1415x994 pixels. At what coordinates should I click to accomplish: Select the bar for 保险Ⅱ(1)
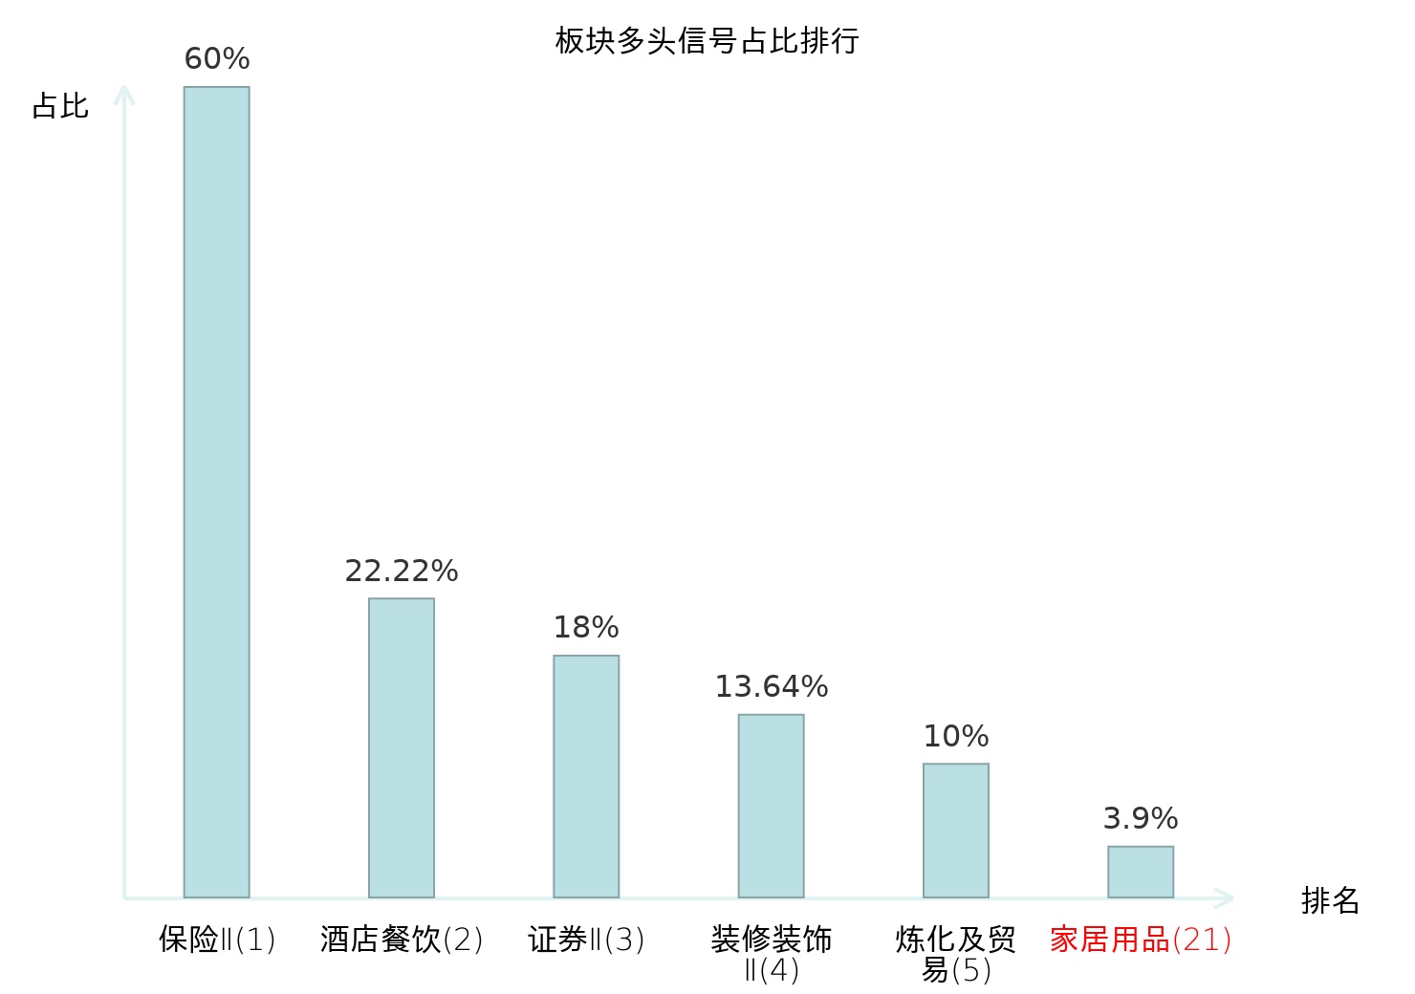pos(217,492)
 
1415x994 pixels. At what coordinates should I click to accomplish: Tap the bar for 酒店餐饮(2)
pos(402,747)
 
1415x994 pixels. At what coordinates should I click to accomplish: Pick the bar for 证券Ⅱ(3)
pos(586,777)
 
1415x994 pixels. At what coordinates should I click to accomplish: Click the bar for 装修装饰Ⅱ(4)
pos(772,806)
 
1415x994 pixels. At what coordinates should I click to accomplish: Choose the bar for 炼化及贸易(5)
pos(956,831)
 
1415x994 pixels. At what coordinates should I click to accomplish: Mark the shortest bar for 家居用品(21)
pos(1141,872)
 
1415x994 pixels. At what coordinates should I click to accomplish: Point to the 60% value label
pos(217,58)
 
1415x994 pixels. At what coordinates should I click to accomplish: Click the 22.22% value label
pos(402,571)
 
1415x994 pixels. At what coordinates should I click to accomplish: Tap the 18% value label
pos(586,628)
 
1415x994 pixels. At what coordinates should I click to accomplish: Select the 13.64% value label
pos(772,686)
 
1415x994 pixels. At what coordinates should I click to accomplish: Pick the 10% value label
pos(956,736)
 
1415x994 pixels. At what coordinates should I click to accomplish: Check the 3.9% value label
pos(1141,818)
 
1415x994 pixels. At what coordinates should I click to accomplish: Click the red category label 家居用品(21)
pos(1141,940)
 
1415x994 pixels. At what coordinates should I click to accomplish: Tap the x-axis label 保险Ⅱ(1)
pos(217,940)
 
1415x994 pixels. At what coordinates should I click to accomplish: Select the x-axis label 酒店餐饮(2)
pos(402,940)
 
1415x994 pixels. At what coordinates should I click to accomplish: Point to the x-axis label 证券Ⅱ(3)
pos(586,940)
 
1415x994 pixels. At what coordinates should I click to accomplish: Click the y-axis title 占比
pos(60,106)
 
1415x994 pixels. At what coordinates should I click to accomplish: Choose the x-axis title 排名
pos(1330,900)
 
